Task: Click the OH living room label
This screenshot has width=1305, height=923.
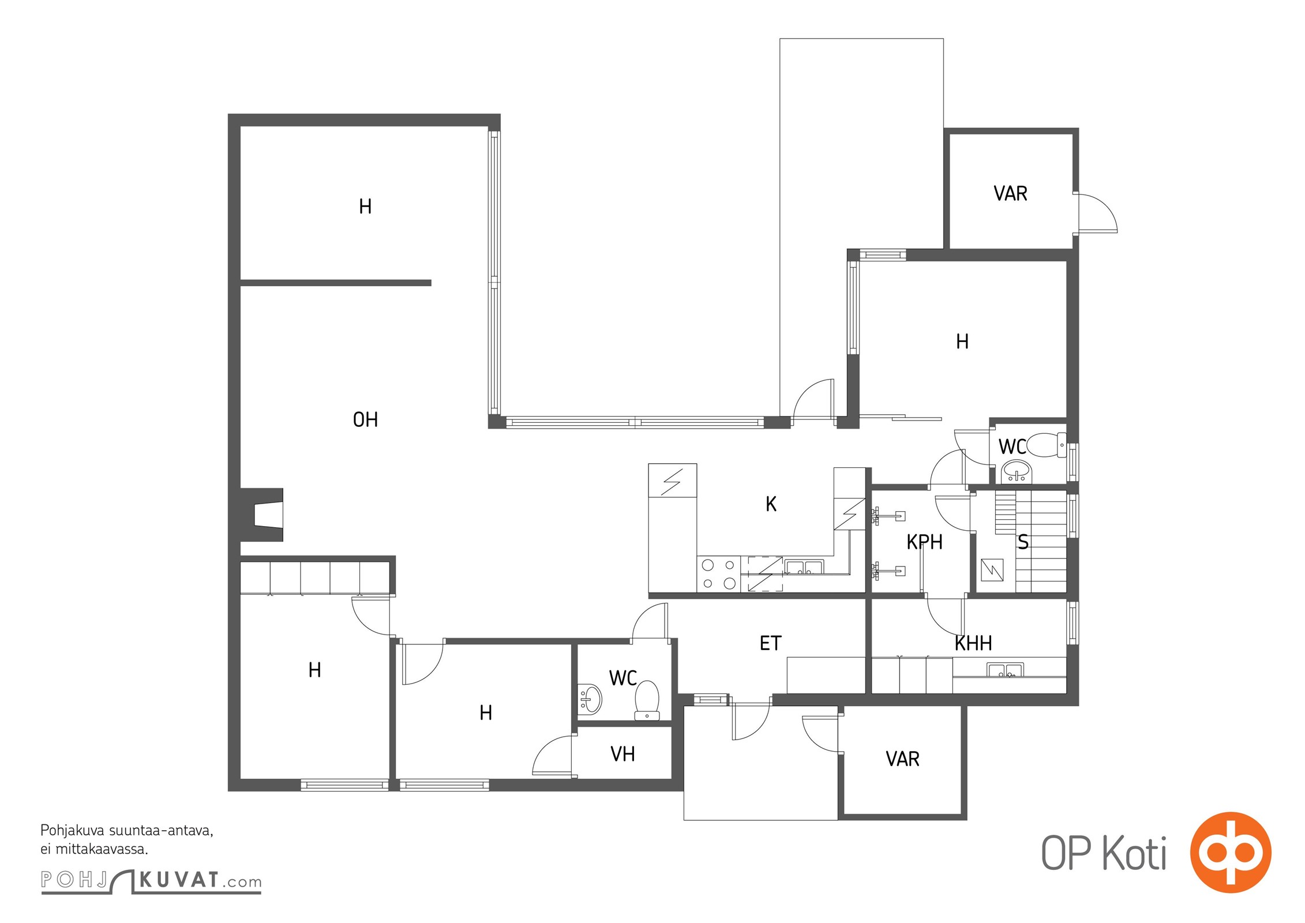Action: (x=365, y=419)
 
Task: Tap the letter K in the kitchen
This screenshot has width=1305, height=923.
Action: (x=771, y=504)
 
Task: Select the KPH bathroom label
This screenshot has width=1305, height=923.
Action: (x=924, y=542)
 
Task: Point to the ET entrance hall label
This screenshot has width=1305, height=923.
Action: (x=770, y=643)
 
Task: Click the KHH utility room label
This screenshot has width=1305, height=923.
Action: (x=973, y=643)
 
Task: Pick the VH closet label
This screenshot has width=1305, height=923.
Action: (x=622, y=753)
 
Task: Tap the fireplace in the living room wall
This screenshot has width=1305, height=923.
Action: (x=262, y=515)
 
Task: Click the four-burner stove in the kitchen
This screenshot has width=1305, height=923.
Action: (x=718, y=574)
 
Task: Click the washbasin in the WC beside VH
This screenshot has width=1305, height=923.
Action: (x=590, y=699)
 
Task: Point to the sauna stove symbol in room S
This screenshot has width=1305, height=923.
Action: (x=992, y=570)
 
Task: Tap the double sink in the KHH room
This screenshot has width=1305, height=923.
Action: (x=1005, y=670)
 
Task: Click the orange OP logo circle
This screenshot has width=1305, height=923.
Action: (x=1230, y=852)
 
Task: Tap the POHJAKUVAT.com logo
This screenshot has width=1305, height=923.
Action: (x=151, y=880)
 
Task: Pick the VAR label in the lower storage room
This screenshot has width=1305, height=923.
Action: (x=902, y=759)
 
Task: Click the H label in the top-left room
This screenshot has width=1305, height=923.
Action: (x=365, y=206)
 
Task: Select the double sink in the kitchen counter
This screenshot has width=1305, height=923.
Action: (x=804, y=566)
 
